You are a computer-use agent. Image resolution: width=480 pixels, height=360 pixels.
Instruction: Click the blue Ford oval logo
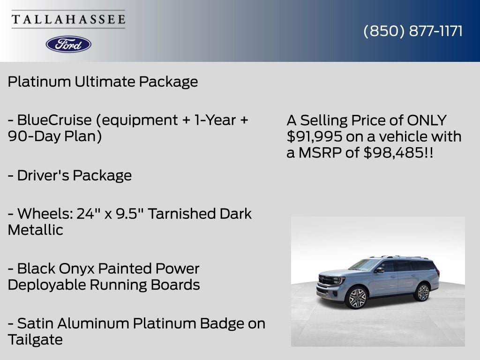68,45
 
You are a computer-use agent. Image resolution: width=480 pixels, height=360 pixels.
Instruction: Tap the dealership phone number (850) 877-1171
413,31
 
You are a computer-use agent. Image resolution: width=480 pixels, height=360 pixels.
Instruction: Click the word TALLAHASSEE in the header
68,19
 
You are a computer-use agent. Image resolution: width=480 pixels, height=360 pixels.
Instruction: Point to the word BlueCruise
54,120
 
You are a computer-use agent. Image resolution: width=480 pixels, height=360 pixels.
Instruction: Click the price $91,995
315,136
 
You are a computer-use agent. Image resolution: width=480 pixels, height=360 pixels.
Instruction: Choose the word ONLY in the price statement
427,120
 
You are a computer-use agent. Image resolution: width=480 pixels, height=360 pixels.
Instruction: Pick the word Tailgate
35,340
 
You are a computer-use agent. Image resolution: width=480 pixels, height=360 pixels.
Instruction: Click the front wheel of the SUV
356,297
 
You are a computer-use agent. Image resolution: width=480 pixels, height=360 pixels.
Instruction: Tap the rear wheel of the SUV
422,292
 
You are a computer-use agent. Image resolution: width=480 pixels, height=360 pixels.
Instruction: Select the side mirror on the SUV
379,270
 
